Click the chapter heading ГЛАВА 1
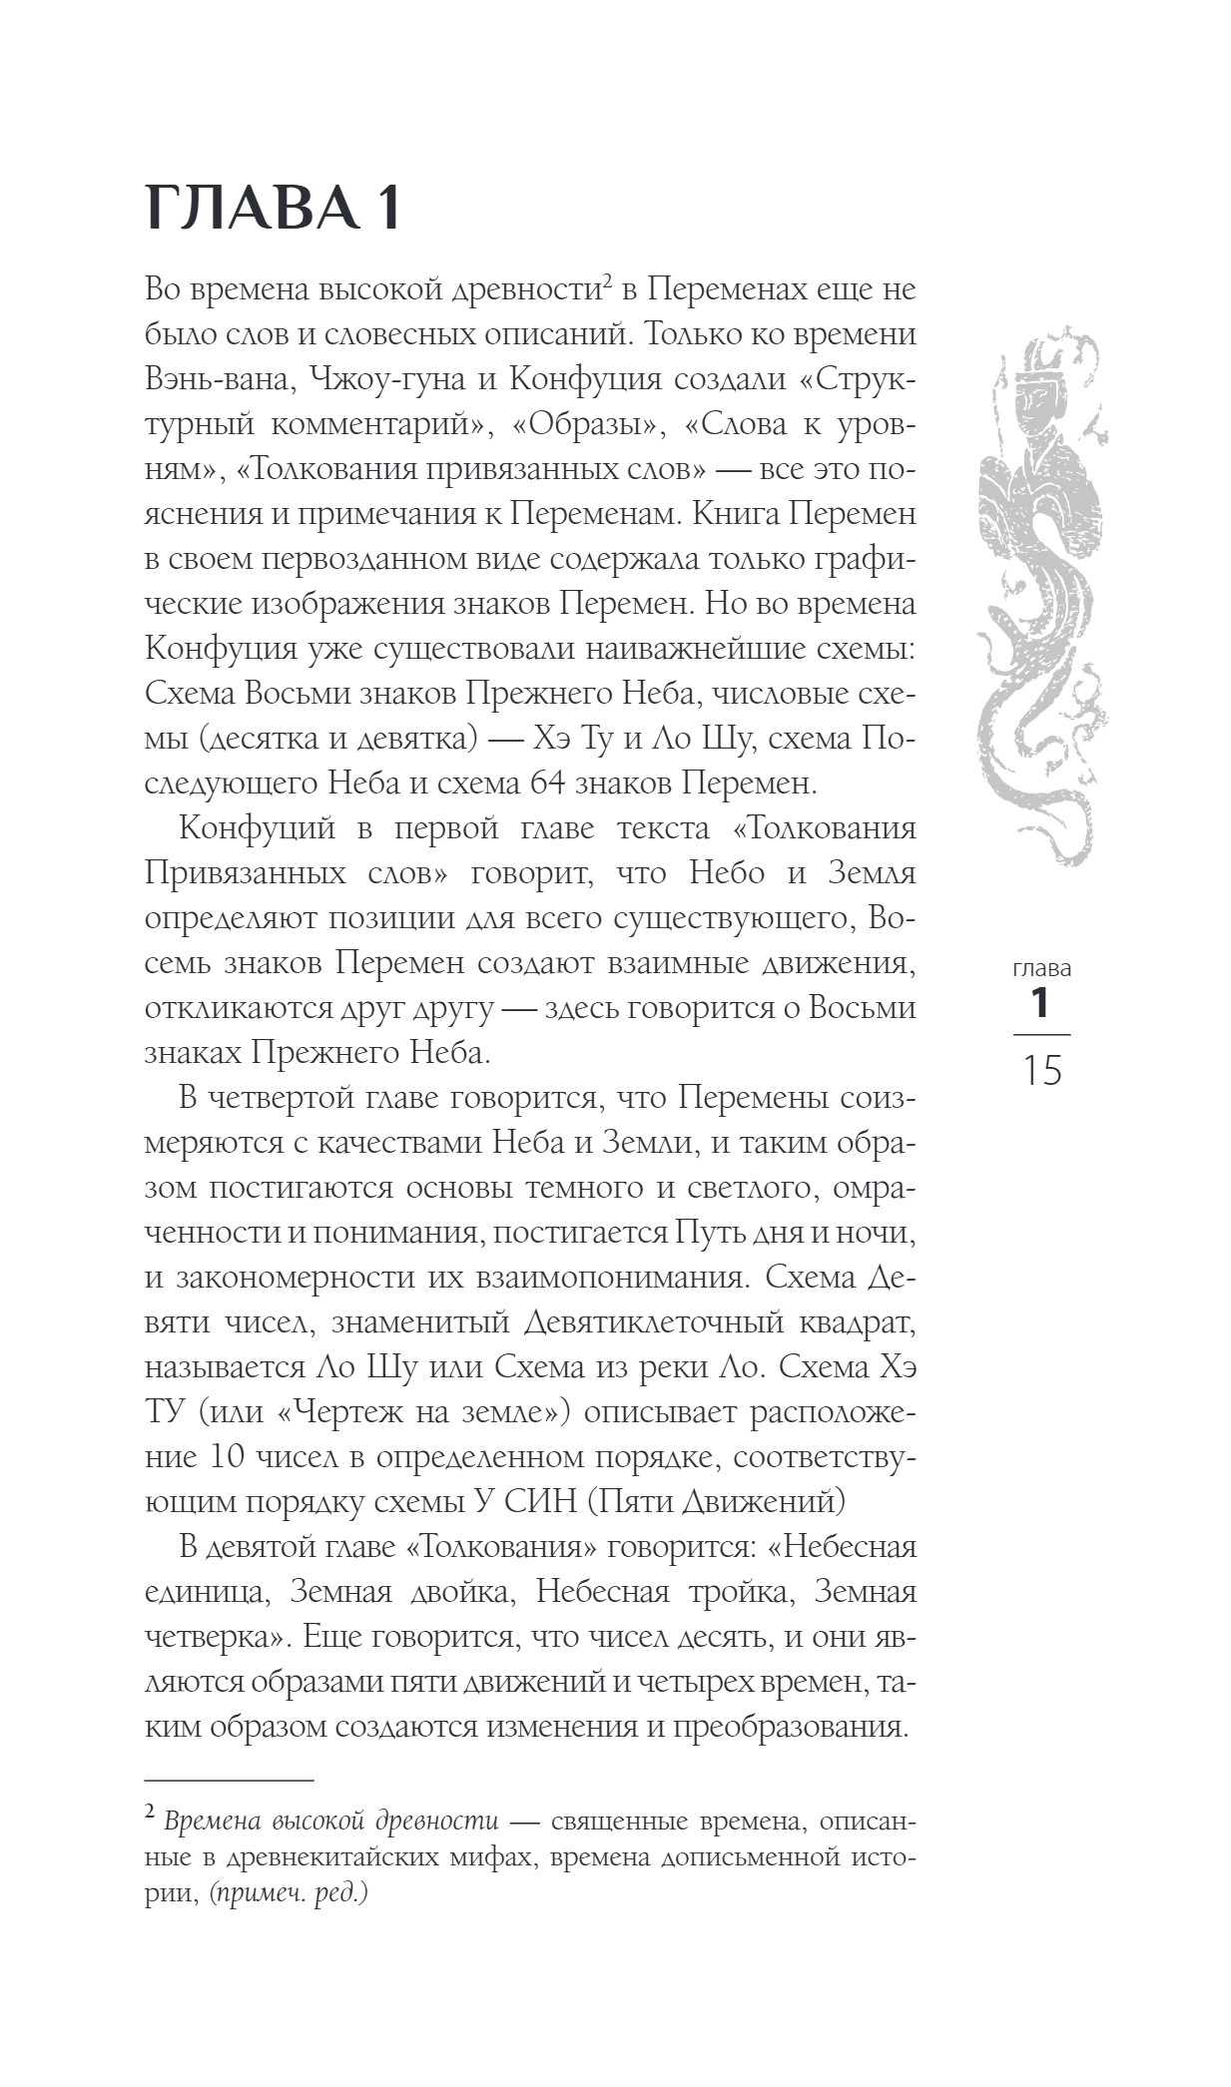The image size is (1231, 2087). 274,211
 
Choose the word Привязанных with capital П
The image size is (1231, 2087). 240,872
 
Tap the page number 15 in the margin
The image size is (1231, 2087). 1040,1072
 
